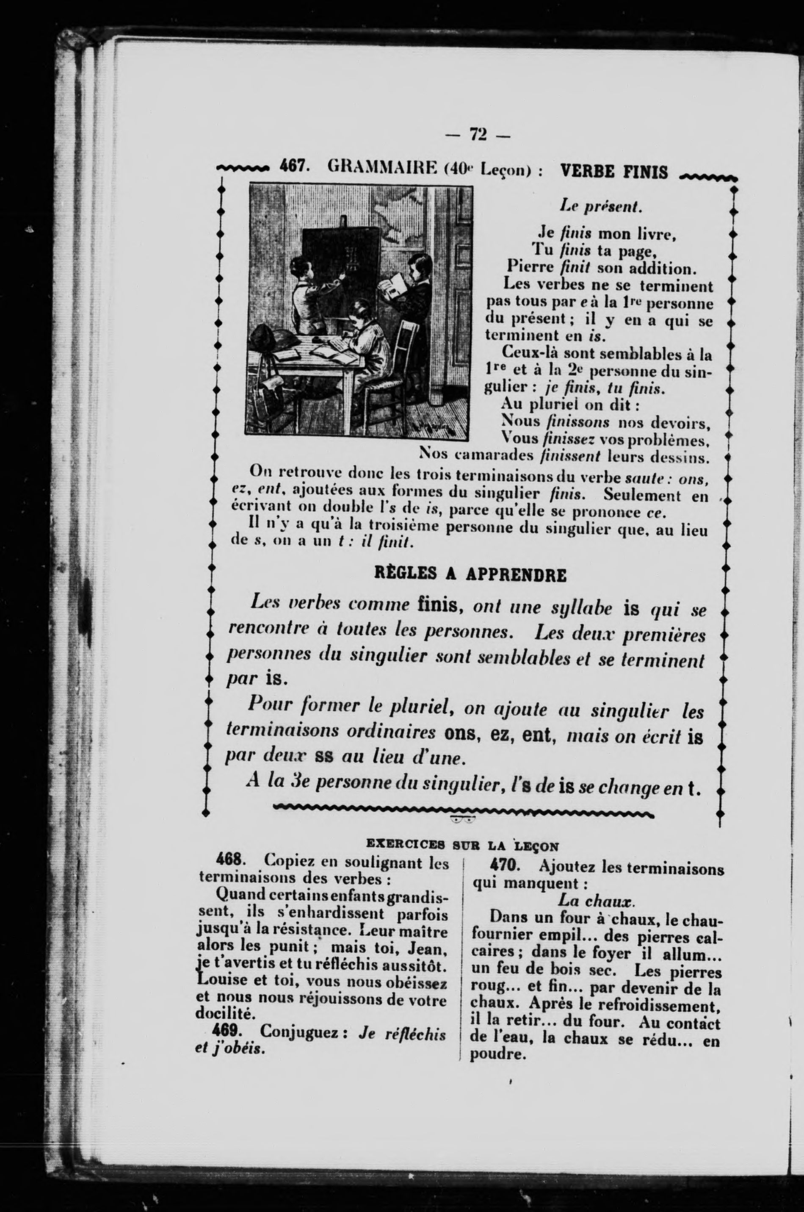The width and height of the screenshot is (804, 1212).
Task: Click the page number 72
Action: [x=478, y=134]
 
